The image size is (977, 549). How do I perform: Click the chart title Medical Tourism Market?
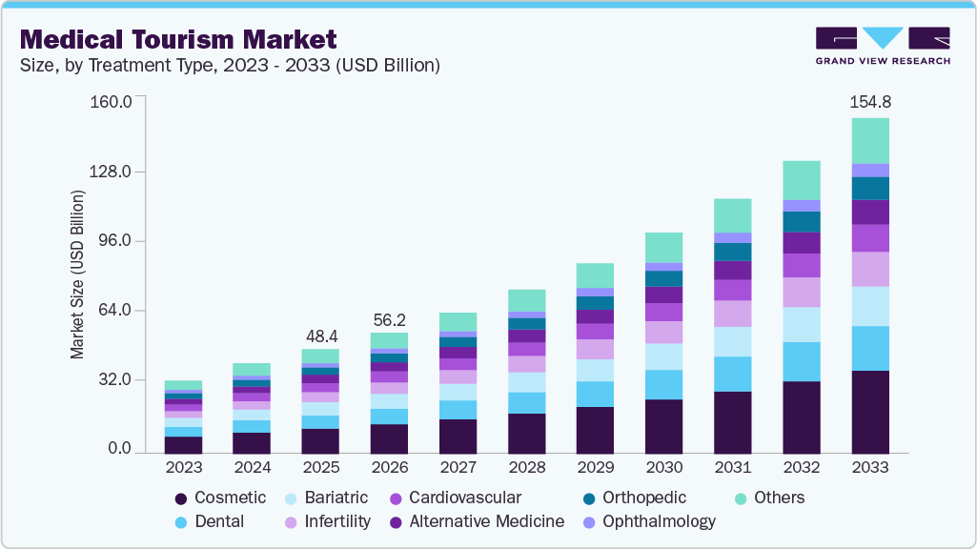point(178,39)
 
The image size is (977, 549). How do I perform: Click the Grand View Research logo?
point(883,46)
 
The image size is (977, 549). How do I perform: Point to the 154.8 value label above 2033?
point(870,101)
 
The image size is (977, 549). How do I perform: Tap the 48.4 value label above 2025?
point(320,336)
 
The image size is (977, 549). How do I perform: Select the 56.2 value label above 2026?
point(389,320)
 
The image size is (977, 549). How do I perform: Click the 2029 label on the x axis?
point(595,468)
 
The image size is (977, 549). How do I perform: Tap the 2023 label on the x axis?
point(183,468)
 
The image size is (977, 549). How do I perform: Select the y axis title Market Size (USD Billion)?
point(77,274)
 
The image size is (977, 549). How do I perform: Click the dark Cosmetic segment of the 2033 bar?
point(870,412)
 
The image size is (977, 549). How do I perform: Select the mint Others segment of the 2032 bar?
point(802,180)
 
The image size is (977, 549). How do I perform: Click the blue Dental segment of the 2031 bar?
point(733,374)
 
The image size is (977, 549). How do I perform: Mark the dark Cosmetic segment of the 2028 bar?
point(526,434)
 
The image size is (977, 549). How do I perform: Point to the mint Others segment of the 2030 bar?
point(663,247)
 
